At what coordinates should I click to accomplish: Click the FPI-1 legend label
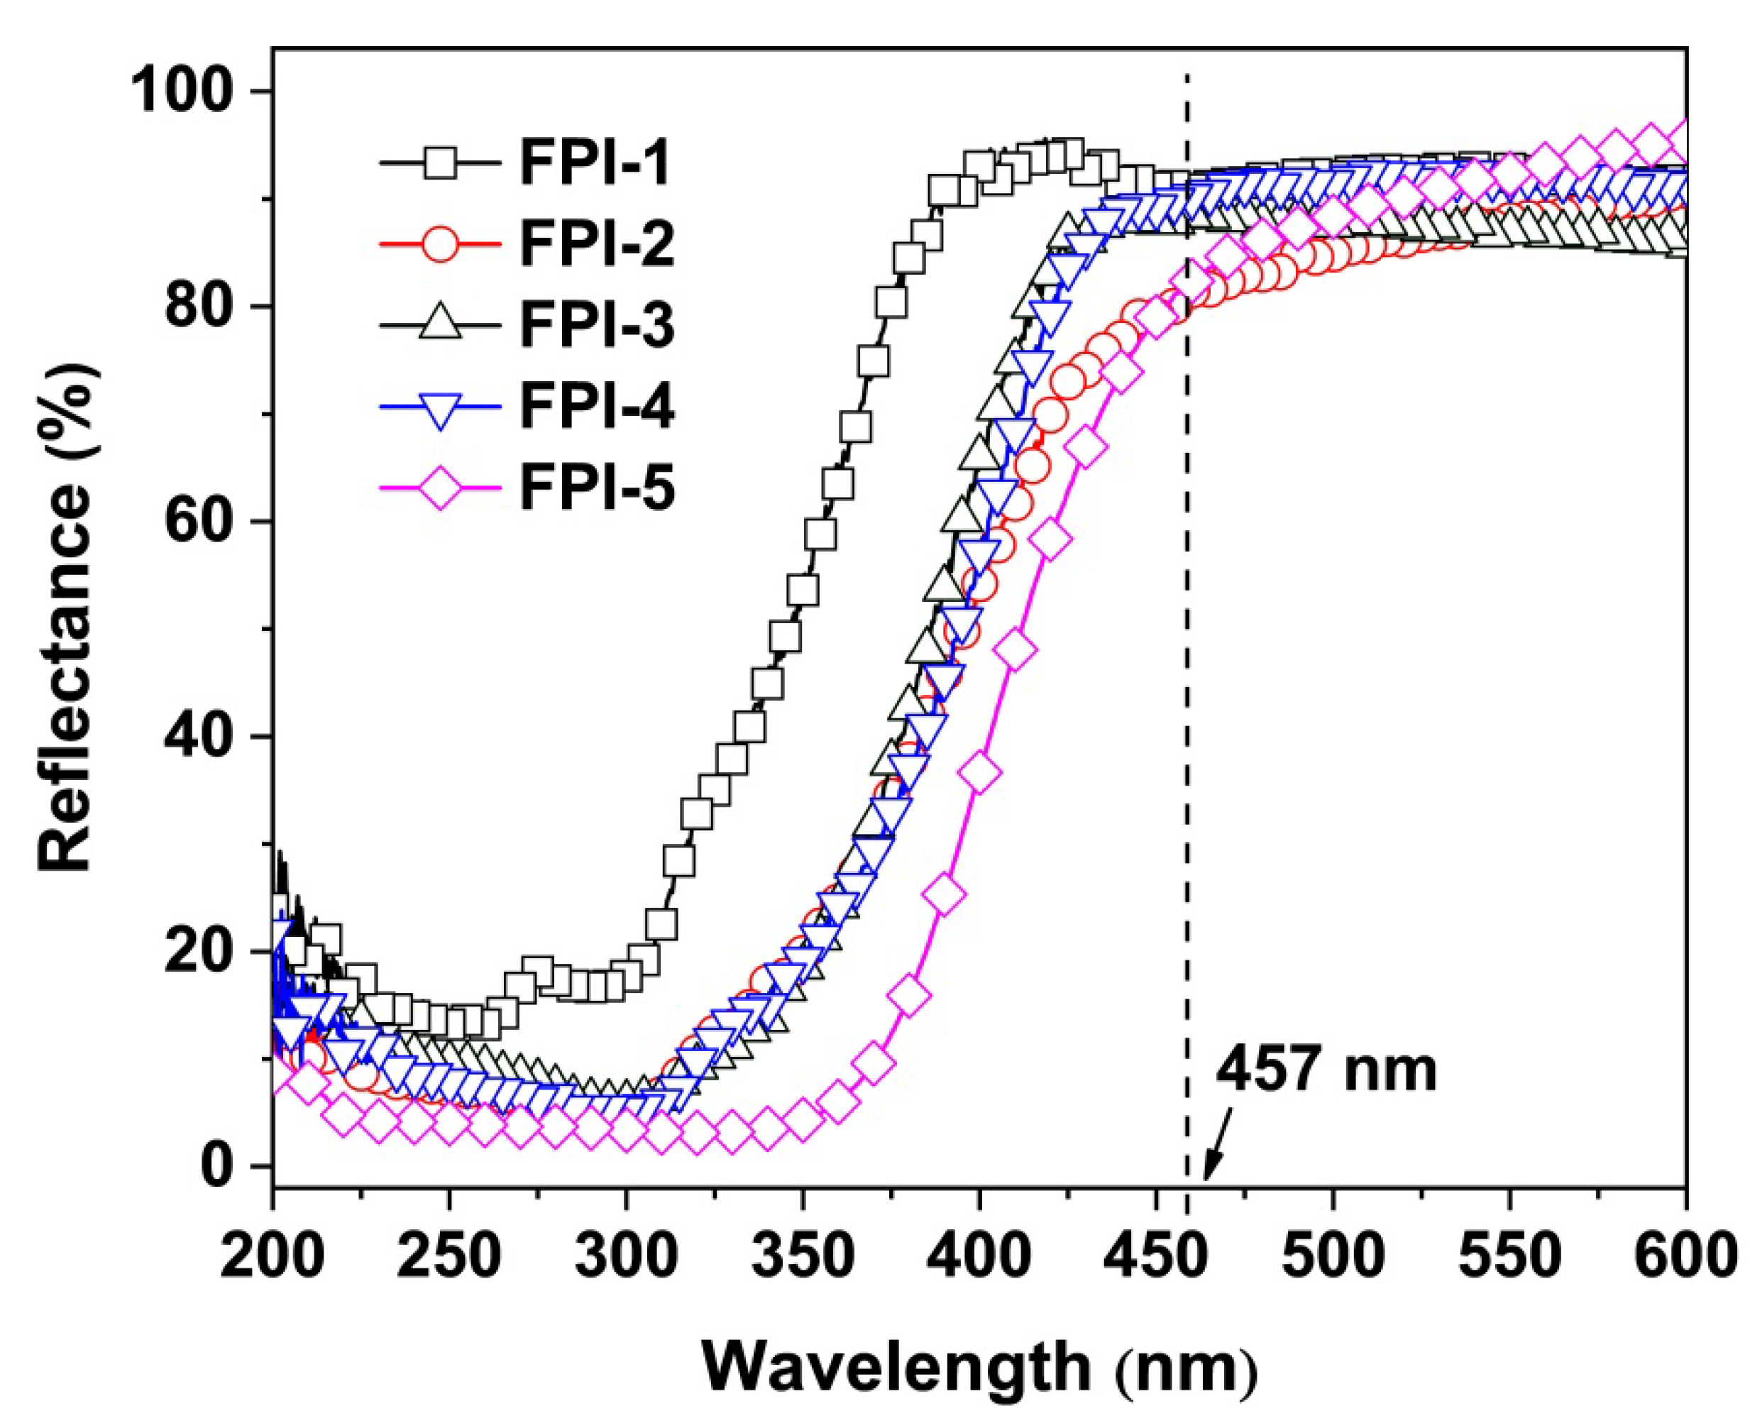tap(595, 163)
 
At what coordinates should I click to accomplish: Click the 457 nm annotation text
tap(1327, 1070)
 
